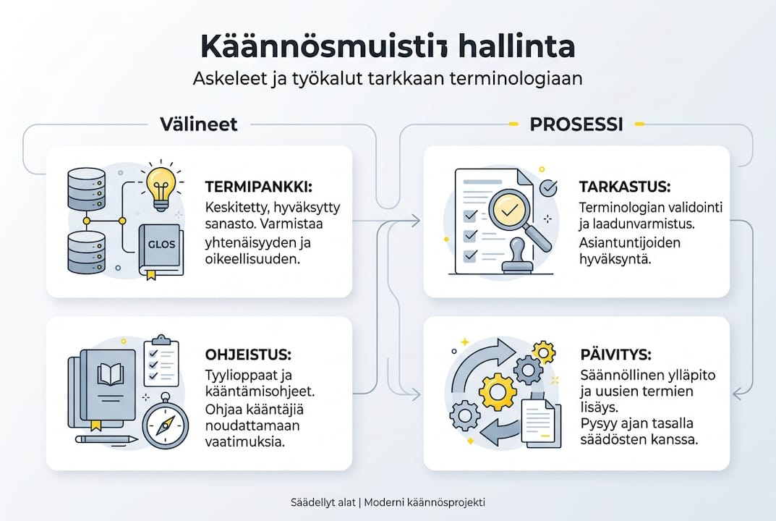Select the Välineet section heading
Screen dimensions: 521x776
point(198,124)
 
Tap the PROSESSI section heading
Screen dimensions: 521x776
point(576,124)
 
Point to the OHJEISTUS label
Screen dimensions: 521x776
point(248,355)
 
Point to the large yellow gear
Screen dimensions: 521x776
point(498,391)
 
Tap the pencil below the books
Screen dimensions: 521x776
point(106,439)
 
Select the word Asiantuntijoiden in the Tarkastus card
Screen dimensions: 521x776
point(630,242)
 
